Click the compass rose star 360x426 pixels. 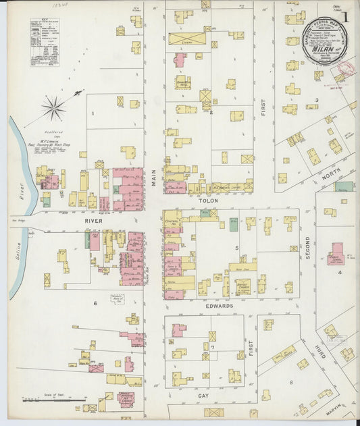coord(54,107)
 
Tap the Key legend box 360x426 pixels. coord(44,42)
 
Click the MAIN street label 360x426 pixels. coord(154,177)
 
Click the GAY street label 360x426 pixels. coord(203,396)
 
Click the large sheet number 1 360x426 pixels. coord(346,16)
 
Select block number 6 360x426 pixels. coord(95,303)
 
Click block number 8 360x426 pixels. coord(292,382)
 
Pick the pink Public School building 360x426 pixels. coord(336,253)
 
